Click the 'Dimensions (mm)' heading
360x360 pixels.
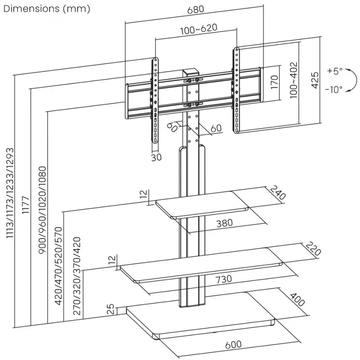point(47,9)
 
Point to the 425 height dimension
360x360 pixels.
point(315,80)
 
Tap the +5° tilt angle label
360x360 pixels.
point(335,71)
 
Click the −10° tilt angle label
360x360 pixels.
point(333,89)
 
